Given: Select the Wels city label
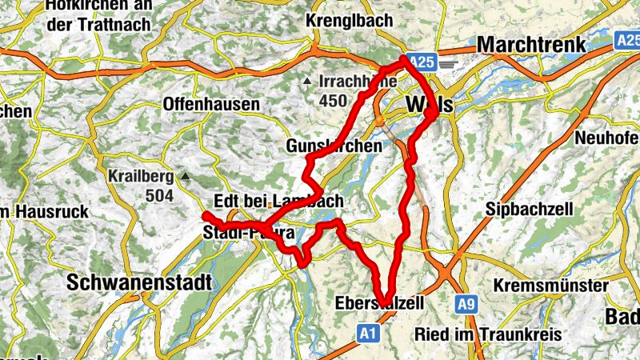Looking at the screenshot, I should [430, 105].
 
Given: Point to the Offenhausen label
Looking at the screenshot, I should [211, 104].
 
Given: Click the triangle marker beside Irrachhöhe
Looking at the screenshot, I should [306, 82].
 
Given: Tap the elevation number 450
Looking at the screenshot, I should [334, 101].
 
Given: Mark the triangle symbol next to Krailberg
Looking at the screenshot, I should [186, 175].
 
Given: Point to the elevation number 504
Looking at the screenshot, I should [161, 194].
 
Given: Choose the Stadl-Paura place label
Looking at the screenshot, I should [249, 234].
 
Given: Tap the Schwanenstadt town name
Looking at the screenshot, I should [139, 282].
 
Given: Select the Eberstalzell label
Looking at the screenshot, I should [380, 302].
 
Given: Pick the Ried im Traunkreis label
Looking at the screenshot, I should [477, 333].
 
